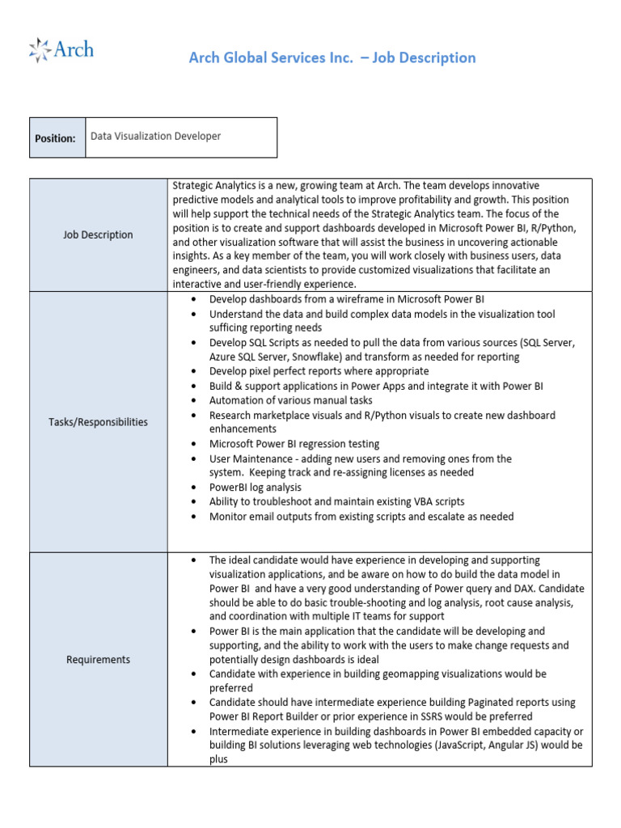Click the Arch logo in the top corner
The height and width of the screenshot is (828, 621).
tap(61, 50)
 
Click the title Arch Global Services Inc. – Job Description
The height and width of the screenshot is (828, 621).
tap(332, 57)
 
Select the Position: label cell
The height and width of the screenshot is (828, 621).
tap(56, 137)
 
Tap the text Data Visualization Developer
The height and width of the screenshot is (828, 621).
tap(155, 137)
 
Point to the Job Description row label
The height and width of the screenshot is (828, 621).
tap(98, 234)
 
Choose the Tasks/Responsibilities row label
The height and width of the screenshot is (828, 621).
tap(98, 422)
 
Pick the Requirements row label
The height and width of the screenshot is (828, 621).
tap(98, 660)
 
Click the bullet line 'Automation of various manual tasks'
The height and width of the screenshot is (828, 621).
tap(290, 400)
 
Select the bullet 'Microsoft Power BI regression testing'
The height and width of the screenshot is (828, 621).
tap(294, 444)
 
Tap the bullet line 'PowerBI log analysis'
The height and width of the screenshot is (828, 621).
tap(255, 488)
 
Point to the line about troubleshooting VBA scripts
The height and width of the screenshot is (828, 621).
tap(336, 502)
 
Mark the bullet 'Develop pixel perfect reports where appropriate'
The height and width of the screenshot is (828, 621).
tap(319, 371)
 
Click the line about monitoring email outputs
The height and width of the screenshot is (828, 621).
tap(361, 517)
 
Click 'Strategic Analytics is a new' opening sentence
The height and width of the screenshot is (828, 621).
tap(234, 185)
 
